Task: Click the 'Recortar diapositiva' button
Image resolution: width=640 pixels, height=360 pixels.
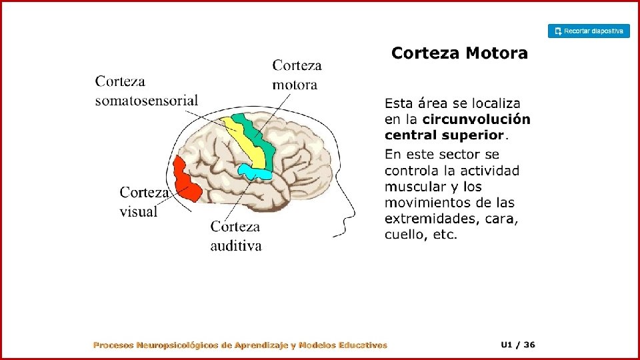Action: point(589,31)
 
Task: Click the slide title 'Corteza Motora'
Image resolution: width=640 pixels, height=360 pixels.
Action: point(459,53)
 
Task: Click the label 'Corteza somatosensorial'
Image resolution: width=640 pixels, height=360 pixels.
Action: point(147,91)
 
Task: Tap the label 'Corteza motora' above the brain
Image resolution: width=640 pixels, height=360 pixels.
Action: point(297,75)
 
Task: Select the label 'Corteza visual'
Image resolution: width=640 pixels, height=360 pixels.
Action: point(143,202)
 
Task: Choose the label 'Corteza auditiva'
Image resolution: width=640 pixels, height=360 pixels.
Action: point(237,236)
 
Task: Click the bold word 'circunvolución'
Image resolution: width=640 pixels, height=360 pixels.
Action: point(477,120)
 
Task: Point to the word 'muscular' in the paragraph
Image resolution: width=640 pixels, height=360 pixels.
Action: point(413,187)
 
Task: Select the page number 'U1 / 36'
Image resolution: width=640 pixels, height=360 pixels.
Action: point(518,345)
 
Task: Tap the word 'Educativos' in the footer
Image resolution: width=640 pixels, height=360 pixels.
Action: point(363,345)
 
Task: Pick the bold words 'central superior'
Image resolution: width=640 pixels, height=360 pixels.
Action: point(443,135)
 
